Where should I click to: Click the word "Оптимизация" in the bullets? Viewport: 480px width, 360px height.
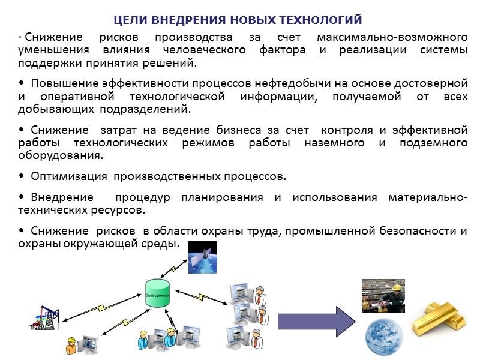point(69,176)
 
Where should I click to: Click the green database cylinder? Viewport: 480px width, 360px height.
point(158,293)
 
